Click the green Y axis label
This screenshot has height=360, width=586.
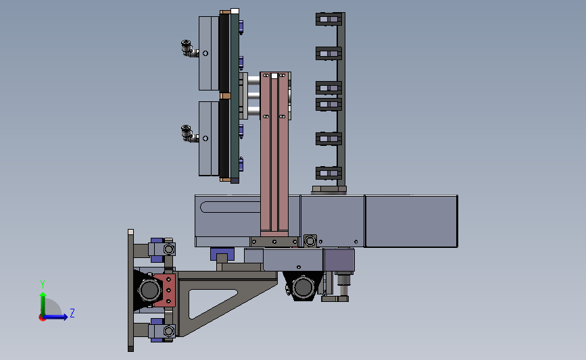(x=43, y=284)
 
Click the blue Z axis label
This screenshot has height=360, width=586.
(x=72, y=313)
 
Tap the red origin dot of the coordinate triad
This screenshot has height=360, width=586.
(x=42, y=318)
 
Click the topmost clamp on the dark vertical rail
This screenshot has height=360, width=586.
(x=329, y=19)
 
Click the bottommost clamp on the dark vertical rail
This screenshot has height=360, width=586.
(x=329, y=173)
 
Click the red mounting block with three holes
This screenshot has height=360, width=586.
(x=165, y=290)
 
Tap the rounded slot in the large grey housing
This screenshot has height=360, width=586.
(x=230, y=207)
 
